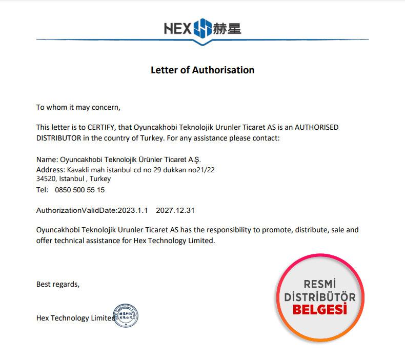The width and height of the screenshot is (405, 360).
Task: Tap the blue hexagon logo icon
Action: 202,28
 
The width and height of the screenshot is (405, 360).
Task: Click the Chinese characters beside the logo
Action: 227,28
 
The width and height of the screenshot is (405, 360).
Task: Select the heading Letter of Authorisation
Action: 202,70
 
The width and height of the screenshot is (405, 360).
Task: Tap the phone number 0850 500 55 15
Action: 79,190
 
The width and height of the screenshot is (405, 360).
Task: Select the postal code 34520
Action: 46,179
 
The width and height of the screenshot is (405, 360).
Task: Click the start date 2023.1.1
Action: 133,210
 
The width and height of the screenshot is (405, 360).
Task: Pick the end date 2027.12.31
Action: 175,210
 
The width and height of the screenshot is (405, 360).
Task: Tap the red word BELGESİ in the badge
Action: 320,310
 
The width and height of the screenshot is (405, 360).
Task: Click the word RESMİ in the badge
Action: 320,284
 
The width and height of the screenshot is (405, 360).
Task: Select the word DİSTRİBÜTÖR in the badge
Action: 320,297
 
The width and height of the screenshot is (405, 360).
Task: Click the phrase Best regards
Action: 58,284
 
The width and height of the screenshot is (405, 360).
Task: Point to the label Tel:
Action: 42,190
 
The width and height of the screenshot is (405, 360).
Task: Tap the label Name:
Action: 47,159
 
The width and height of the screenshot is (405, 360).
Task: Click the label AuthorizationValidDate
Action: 76,210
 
